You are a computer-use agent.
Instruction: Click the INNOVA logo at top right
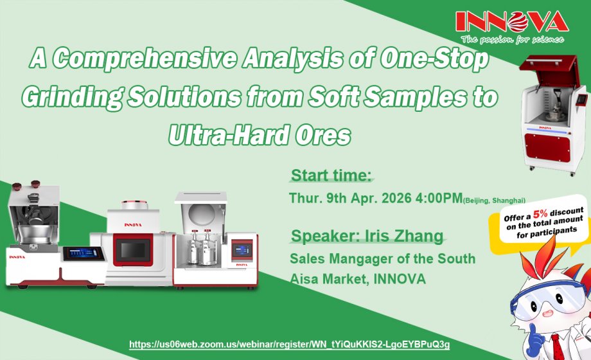click(511, 22)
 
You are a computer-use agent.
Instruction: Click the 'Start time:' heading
click(331, 175)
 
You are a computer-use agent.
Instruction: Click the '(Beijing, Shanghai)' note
click(494, 201)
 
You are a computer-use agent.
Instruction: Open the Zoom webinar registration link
click(290, 345)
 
